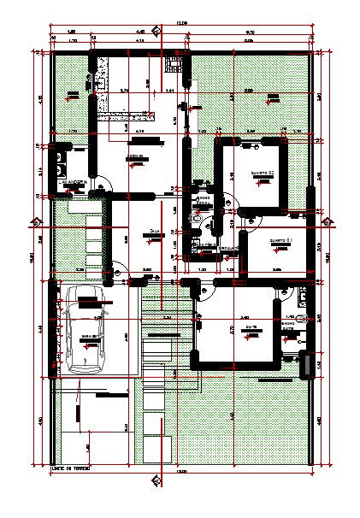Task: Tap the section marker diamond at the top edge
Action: [156, 32]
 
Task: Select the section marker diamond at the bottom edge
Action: [156, 479]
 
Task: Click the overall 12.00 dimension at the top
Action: [180, 22]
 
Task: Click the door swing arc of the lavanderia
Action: [100, 183]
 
